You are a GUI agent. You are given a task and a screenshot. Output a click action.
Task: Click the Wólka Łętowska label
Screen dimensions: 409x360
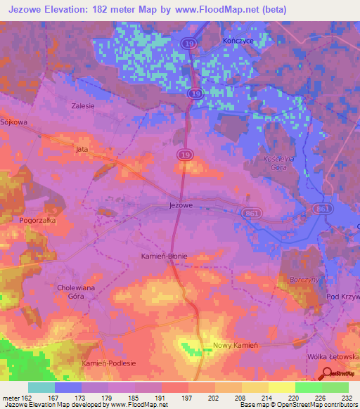334,357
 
